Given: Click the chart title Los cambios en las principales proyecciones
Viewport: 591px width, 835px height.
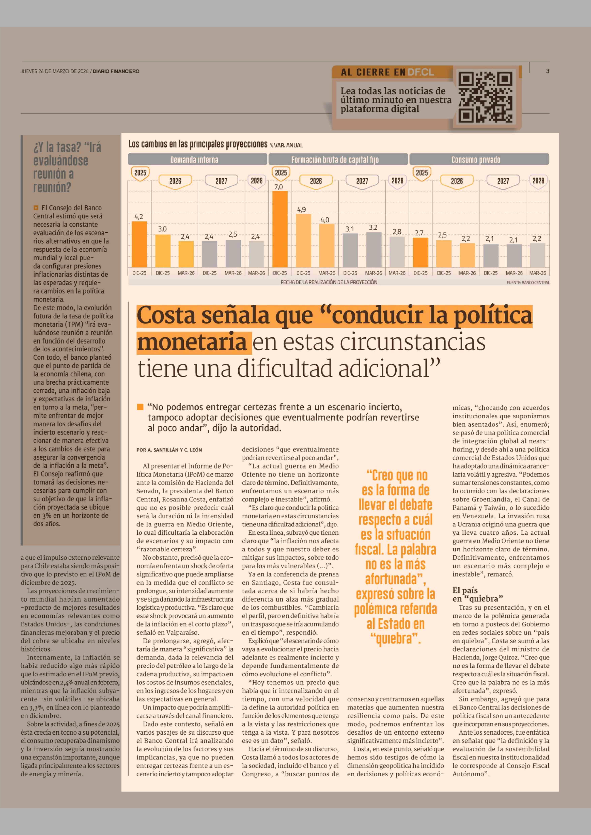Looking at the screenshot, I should [x=198, y=144].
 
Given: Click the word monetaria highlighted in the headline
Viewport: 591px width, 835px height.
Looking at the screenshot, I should [x=192, y=342].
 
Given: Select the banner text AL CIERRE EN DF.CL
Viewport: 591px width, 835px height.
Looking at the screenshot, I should [x=387, y=72].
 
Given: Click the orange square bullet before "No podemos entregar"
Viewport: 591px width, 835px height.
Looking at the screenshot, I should [x=140, y=407].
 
